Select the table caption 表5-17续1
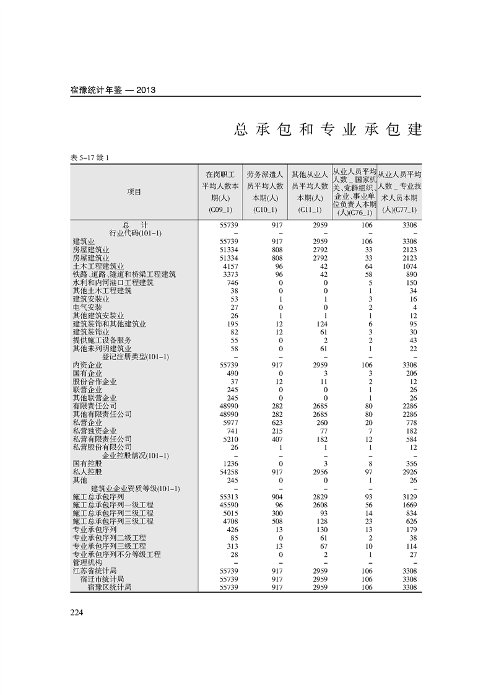point(90,158)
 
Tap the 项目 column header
point(134,192)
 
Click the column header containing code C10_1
point(264,192)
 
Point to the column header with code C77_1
point(399,192)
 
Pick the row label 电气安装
point(87,307)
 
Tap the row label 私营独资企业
point(95,431)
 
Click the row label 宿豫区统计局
point(110,587)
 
